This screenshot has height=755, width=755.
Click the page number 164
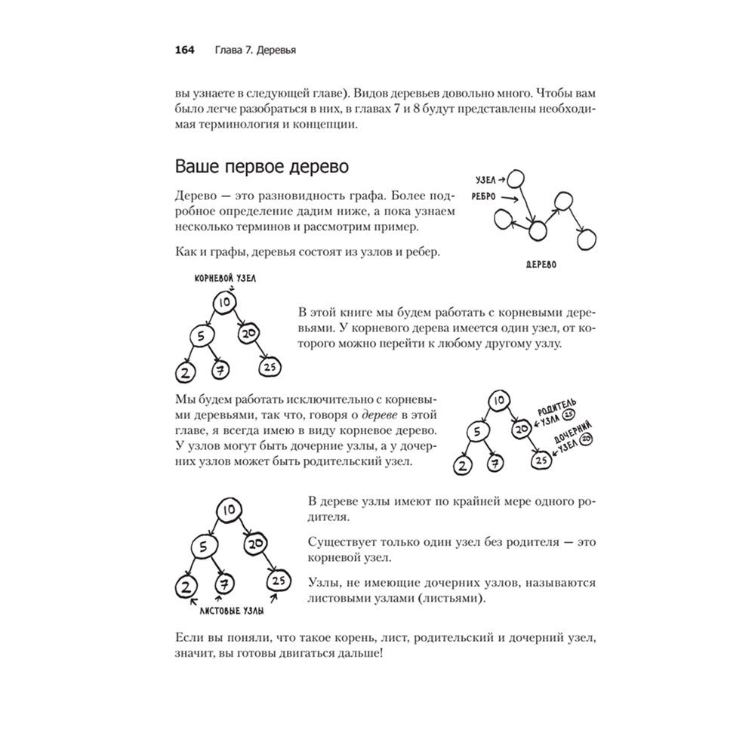pyautogui.click(x=185, y=51)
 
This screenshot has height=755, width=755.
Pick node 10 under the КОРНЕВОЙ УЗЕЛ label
pyautogui.click(x=223, y=303)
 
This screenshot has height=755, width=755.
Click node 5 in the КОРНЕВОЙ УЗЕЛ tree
pyautogui.click(x=197, y=335)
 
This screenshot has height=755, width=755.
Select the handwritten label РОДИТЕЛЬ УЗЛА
pyautogui.click(x=557, y=410)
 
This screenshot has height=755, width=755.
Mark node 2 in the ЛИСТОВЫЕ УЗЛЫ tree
pyautogui.click(x=185, y=586)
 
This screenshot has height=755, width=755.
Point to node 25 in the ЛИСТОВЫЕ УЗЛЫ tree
pyautogui.click(x=277, y=581)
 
